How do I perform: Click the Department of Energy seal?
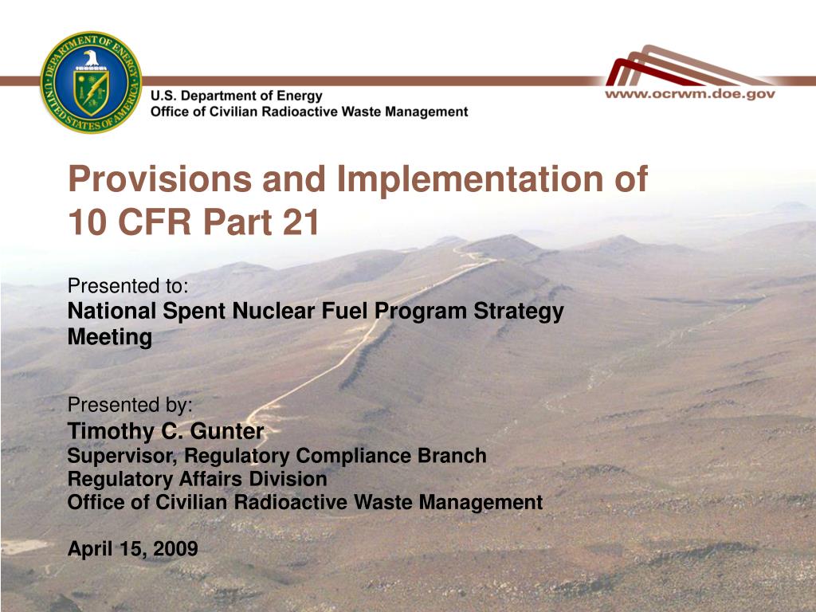click(91, 82)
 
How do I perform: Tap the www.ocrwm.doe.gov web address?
click(689, 94)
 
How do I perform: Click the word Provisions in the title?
click(160, 179)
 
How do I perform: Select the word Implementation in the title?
click(470, 180)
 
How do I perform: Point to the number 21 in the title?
click(301, 222)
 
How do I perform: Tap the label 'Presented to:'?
click(128, 286)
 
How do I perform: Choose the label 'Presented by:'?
click(130, 404)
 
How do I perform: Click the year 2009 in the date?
click(175, 548)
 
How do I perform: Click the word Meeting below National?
click(110, 337)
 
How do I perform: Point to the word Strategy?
click(519, 312)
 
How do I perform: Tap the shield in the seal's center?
click(92, 92)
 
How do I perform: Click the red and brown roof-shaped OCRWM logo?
click(687, 65)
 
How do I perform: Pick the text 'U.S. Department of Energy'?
click(236, 96)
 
